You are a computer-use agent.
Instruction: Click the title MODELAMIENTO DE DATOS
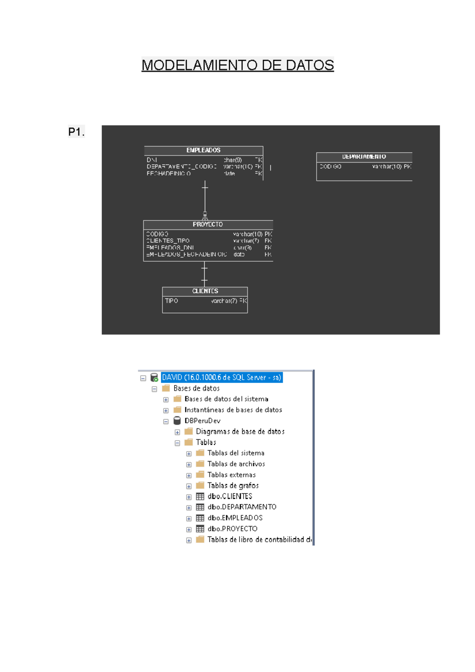[237, 65]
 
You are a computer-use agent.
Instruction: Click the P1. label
[76, 132]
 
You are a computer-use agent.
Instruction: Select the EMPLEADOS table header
[203, 150]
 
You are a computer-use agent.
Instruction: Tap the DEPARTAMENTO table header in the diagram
[364, 157]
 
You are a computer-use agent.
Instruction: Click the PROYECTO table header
[208, 224]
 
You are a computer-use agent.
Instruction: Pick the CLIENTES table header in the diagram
[205, 291]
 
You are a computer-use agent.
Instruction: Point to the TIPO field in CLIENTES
[171, 301]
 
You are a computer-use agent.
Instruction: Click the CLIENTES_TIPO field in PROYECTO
[168, 241]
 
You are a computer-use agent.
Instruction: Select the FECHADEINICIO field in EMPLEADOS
[169, 173]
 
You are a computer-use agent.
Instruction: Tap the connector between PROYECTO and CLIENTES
[204, 274]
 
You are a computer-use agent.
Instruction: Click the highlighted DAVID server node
[221, 378]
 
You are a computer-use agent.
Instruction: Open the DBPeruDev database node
[202, 421]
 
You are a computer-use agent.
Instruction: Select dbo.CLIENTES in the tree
[230, 496]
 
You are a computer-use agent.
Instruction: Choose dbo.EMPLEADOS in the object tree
[235, 518]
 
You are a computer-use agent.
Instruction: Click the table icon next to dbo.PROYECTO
[200, 529]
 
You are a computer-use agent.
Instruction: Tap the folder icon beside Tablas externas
[200, 475]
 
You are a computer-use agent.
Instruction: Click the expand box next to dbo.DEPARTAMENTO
[189, 508]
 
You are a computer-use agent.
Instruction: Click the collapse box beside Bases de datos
[154, 389]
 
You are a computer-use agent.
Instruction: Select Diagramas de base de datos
[240, 431]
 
